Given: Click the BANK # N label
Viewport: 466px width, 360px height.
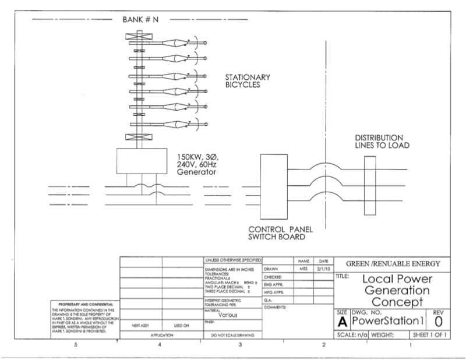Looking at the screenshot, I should [140, 19].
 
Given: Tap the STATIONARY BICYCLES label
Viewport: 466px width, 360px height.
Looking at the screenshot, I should [248, 81].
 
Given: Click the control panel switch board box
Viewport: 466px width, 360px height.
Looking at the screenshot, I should [274, 185].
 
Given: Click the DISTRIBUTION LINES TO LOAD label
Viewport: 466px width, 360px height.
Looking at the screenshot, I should [382, 142].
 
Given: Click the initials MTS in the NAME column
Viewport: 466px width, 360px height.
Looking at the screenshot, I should [303, 269].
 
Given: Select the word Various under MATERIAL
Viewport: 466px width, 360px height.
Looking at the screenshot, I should [232, 314].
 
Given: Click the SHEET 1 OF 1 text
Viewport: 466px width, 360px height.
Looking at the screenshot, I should [430, 335].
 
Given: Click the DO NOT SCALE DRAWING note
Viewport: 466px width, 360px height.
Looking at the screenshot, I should [231, 335].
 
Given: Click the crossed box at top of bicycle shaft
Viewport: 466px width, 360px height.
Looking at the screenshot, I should [139, 37].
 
